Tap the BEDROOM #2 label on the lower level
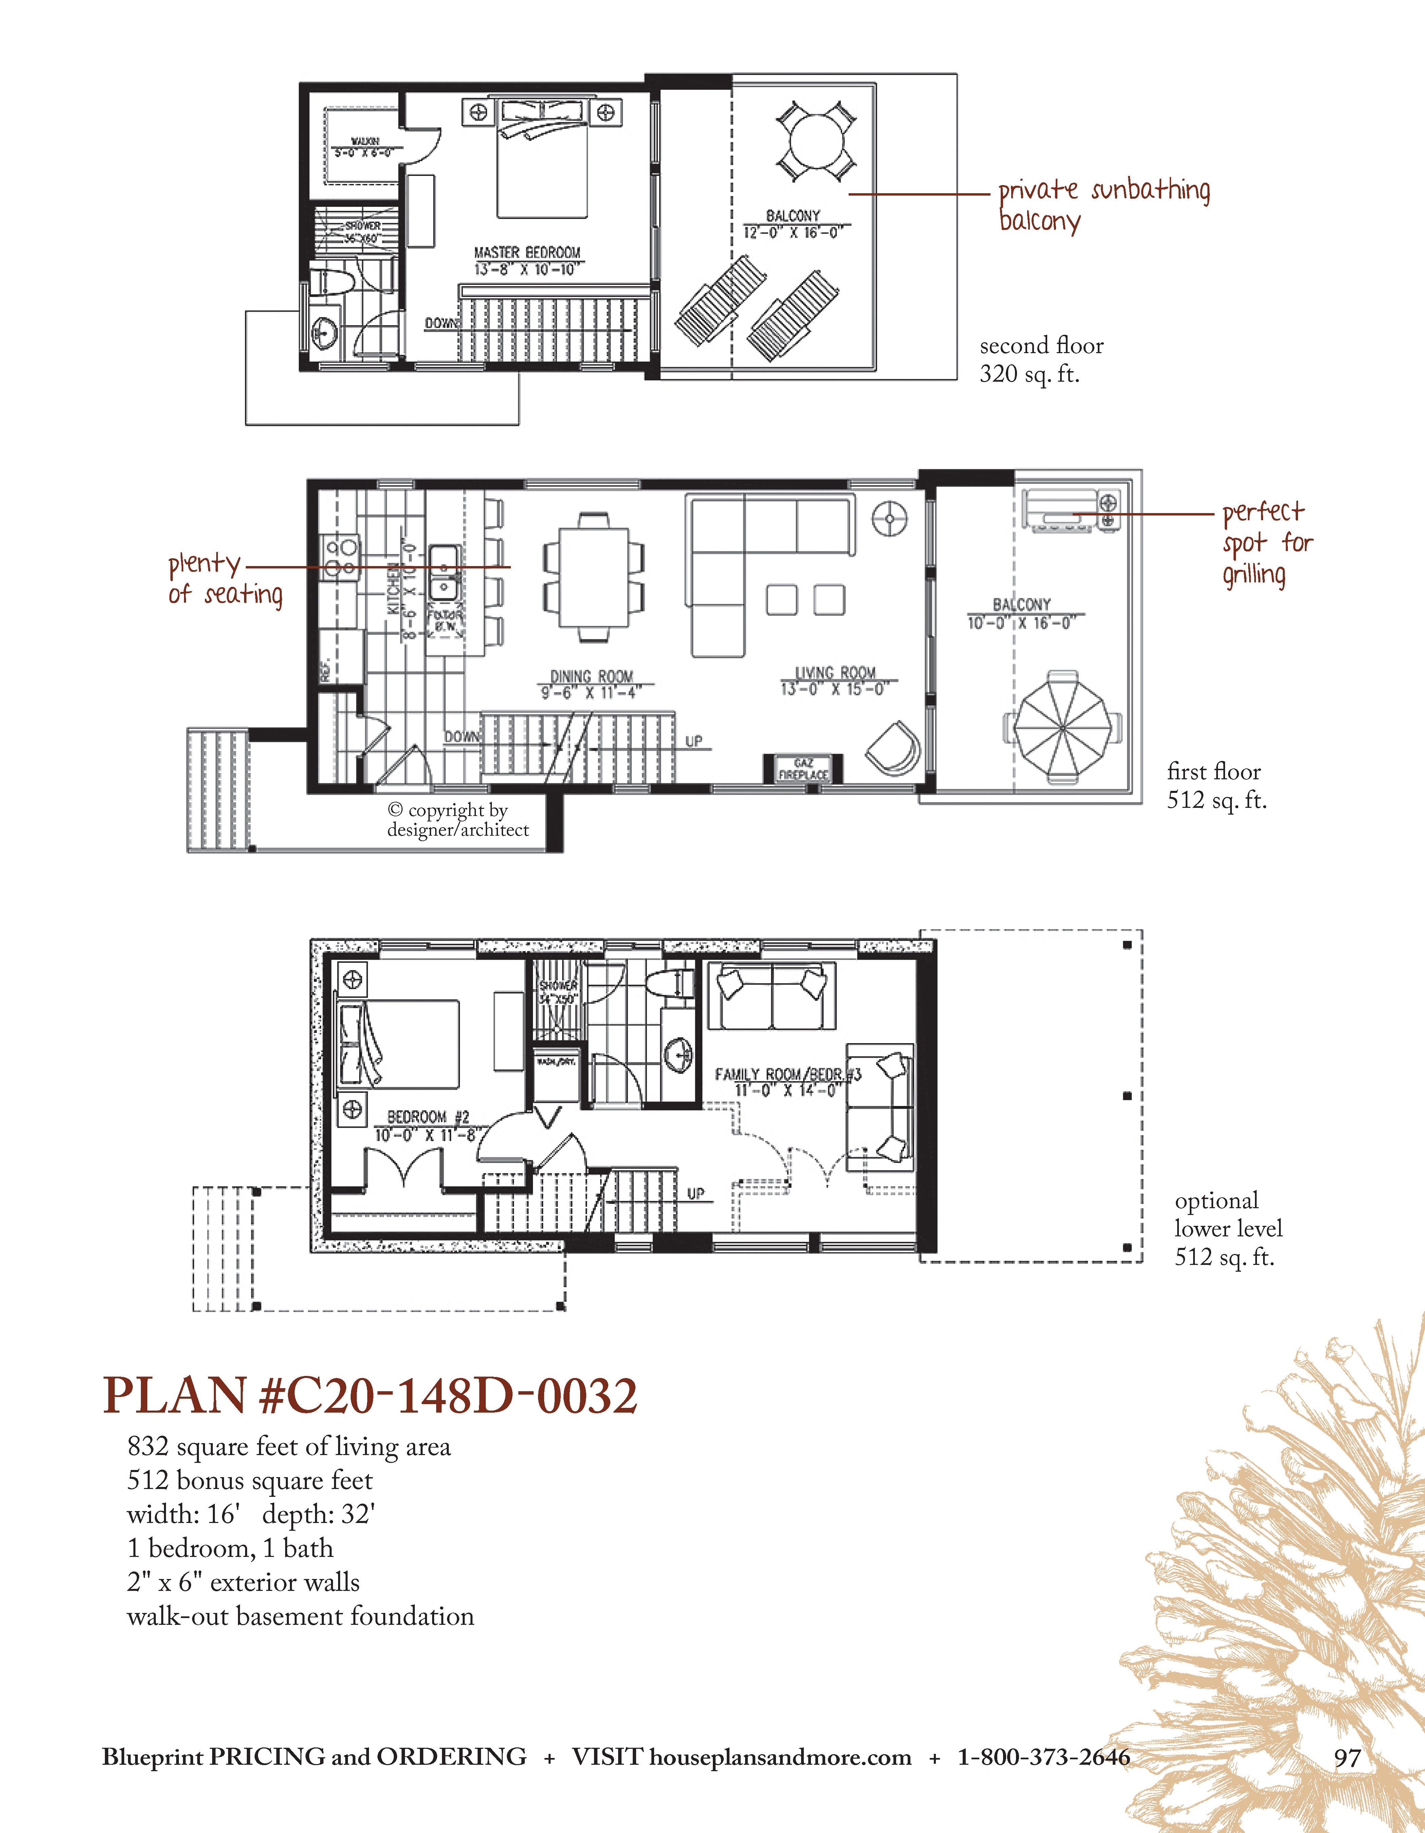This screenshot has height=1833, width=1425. coord(428,1117)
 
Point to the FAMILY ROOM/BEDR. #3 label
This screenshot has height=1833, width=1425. coord(787,1074)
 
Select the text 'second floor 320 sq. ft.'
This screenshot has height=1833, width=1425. coord(1041,359)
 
